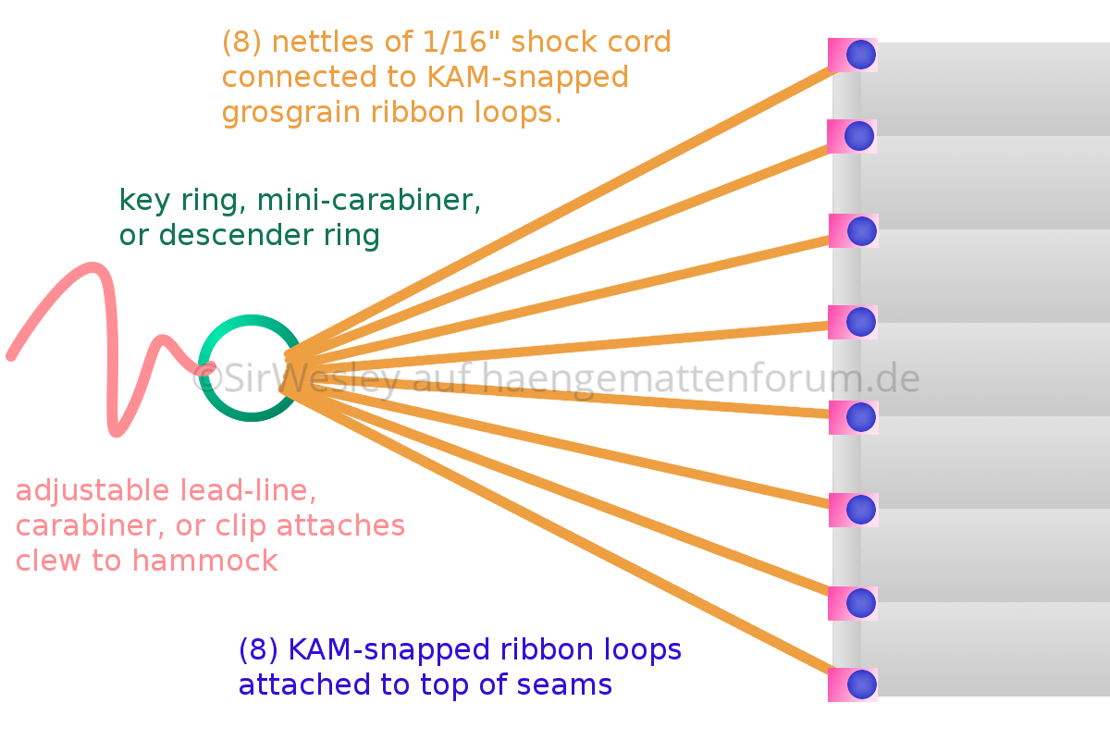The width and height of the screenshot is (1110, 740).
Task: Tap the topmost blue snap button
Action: click(861, 55)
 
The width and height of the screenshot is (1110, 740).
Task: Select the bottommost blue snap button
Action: click(861, 684)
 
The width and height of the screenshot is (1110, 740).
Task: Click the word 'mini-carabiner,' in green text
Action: click(369, 200)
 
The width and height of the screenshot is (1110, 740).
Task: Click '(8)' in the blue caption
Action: click(259, 650)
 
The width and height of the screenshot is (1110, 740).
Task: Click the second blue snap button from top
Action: click(859, 136)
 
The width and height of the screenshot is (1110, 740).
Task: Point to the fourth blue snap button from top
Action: click(861, 322)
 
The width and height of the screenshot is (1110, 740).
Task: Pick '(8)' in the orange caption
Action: click(242, 43)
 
